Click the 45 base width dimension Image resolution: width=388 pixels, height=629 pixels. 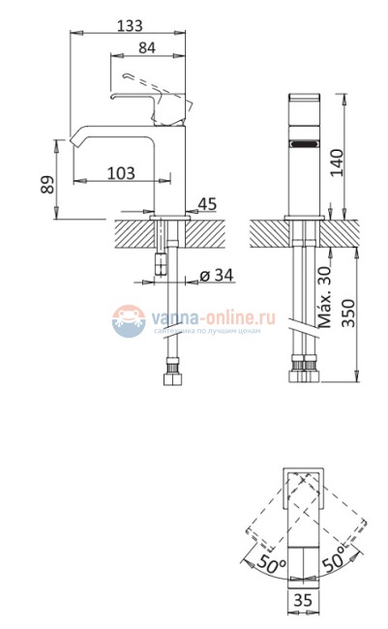click(x=206, y=203)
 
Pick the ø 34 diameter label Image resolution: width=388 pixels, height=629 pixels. click(x=218, y=275)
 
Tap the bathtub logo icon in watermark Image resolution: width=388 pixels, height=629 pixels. click(x=127, y=320)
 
